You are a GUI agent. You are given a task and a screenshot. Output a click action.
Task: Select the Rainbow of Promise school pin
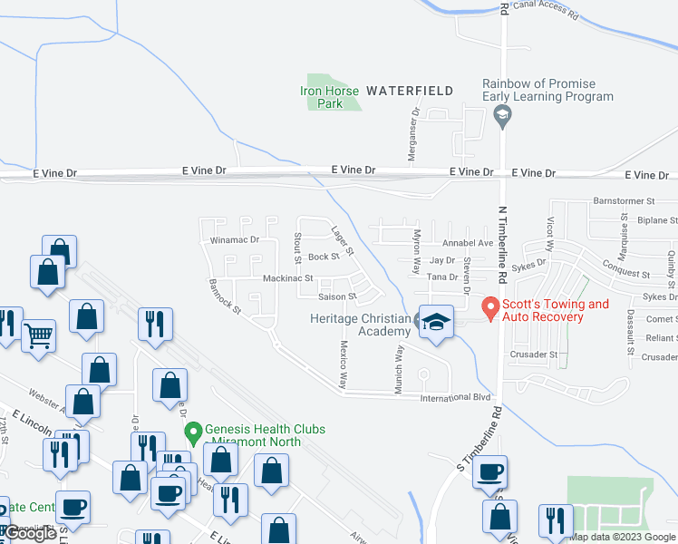pyautogui.click(x=500, y=116)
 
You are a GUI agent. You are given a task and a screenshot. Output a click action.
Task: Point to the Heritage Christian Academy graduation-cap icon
pyautogui.click(x=436, y=325)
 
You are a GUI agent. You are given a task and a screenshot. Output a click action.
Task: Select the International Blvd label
pyautogui.click(x=448, y=397)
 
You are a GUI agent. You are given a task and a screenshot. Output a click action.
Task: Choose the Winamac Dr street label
pyautogui.click(x=235, y=240)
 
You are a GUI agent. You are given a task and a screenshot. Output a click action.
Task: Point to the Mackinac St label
pyautogui.click(x=287, y=278)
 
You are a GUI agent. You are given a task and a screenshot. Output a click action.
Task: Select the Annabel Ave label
pyautogui.click(x=467, y=243)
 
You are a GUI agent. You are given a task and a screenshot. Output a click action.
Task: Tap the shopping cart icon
pyautogui.click(x=38, y=335)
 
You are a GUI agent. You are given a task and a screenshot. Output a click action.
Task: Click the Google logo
pyautogui.click(x=30, y=533)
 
